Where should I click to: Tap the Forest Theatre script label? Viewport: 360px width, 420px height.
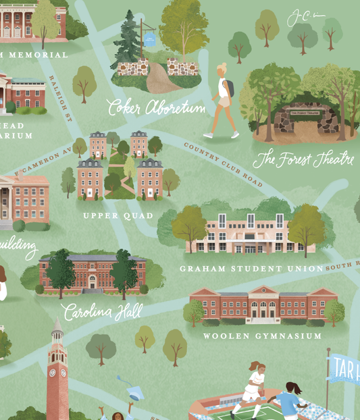pyautogui.click(x=303, y=159)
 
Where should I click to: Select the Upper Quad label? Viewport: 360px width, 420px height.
pyautogui.click(x=118, y=216)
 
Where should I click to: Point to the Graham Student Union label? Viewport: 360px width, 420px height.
pyautogui.click(x=251, y=269)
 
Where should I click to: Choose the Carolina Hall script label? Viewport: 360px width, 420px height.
pyautogui.click(x=102, y=311)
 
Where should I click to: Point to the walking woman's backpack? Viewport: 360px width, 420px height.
pyautogui.click(x=230, y=88)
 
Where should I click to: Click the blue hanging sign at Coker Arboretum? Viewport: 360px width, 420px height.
pyautogui.click(x=149, y=39)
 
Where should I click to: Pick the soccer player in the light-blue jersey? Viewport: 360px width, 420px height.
pyautogui.click(x=289, y=400)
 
